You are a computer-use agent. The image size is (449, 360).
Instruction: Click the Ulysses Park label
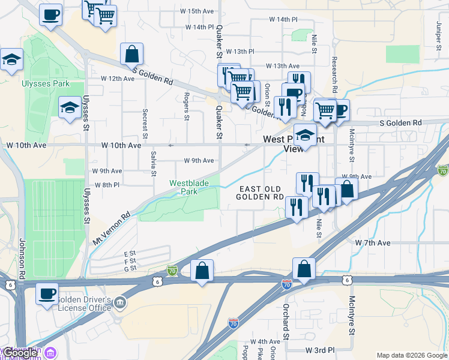(45, 83)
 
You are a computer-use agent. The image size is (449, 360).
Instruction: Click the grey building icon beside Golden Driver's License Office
(121, 302)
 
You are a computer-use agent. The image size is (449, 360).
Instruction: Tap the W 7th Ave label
(372, 242)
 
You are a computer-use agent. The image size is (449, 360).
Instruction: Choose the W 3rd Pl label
(319, 349)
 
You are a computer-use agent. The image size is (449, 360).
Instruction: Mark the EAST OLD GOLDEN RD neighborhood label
(259, 192)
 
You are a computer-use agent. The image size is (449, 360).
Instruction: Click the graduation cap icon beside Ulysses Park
(70, 108)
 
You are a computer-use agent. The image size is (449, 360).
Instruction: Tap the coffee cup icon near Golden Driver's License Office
(47, 294)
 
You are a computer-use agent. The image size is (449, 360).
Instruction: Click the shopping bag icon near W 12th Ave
(131, 54)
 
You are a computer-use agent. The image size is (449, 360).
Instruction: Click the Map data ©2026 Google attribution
(411, 355)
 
